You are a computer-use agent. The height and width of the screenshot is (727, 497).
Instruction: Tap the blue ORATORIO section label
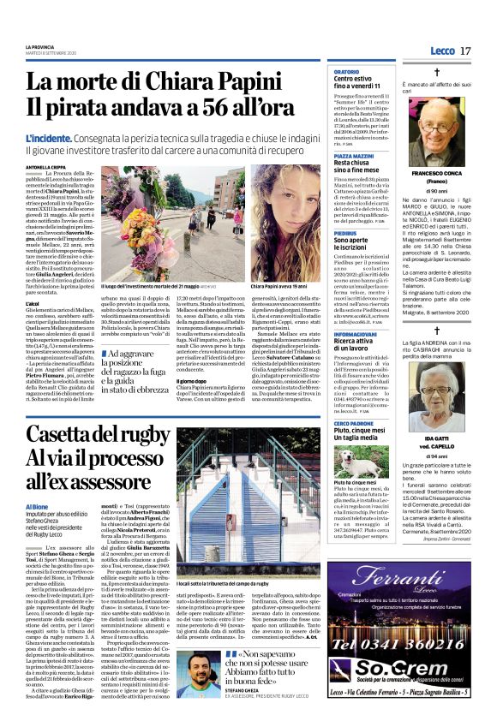pyautogui.click(x=346, y=72)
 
